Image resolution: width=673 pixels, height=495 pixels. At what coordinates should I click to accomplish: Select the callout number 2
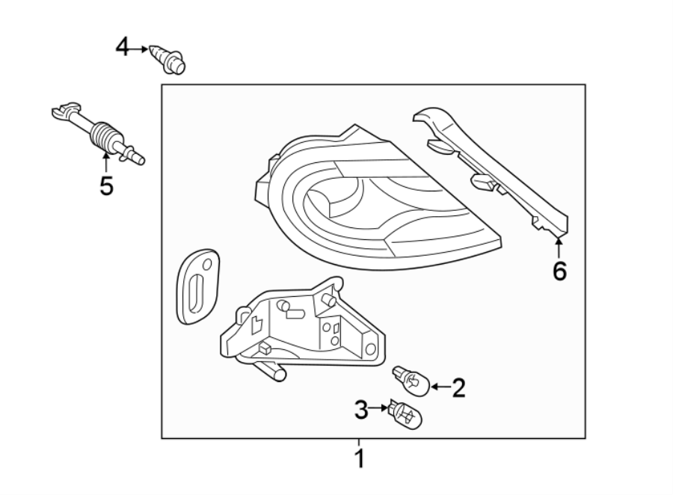[x=458, y=387]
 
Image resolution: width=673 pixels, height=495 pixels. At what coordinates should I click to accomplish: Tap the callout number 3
[x=361, y=409]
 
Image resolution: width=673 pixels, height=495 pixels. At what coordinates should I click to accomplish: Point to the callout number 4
[x=123, y=49]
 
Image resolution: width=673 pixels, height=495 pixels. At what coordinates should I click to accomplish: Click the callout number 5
[x=106, y=185]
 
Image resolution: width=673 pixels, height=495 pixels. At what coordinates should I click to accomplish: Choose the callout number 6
[x=559, y=271]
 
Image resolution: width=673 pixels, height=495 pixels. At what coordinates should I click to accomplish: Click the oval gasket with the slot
[x=197, y=287]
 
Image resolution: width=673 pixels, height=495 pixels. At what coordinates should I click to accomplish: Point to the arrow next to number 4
[x=141, y=49]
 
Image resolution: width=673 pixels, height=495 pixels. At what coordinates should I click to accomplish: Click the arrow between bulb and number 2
[x=439, y=387]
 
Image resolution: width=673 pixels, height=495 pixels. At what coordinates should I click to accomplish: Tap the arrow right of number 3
[x=379, y=408]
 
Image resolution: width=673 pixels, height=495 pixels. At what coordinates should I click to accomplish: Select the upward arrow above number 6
[x=559, y=246]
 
